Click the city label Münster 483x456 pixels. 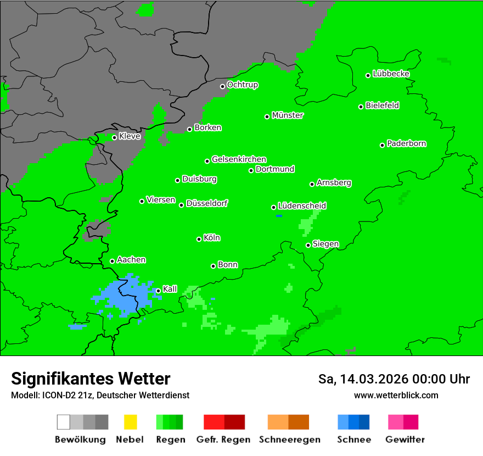point(288,116)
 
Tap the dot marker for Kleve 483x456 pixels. point(114,137)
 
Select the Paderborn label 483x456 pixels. point(407,144)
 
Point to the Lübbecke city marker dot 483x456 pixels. point(368,75)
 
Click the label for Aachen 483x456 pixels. point(131,260)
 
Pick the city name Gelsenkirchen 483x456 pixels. point(239,160)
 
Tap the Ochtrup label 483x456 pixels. point(243,85)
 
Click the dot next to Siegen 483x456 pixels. point(308,245)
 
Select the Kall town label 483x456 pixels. point(170,289)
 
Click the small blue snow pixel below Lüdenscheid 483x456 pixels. point(279,216)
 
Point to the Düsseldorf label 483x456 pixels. point(207,204)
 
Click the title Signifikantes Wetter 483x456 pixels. point(91,379)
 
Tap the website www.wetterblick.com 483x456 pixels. point(396,395)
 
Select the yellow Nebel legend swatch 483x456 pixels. point(130,422)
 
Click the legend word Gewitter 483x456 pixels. point(405,440)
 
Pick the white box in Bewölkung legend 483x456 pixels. point(64,422)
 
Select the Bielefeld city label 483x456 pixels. point(383,105)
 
